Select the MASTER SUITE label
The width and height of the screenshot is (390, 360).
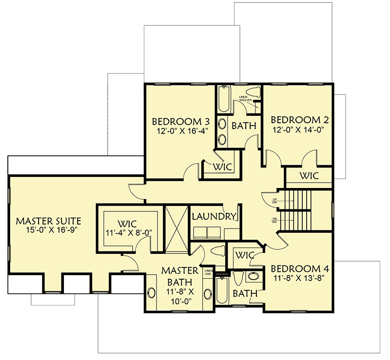(x=48, y=221)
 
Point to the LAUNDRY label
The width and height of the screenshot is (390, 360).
(x=214, y=216)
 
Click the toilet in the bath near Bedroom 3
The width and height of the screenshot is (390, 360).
(x=253, y=92)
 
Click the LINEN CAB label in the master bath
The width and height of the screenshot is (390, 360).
(x=209, y=272)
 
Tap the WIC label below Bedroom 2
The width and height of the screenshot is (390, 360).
(x=309, y=176)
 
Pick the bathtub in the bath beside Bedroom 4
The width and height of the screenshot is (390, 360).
(x=222, y=291)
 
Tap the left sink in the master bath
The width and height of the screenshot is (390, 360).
(x=151, y=294)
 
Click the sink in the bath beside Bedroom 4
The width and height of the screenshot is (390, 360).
(x=253, y=277)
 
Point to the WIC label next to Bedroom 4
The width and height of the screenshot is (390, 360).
(x=243, y=255)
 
